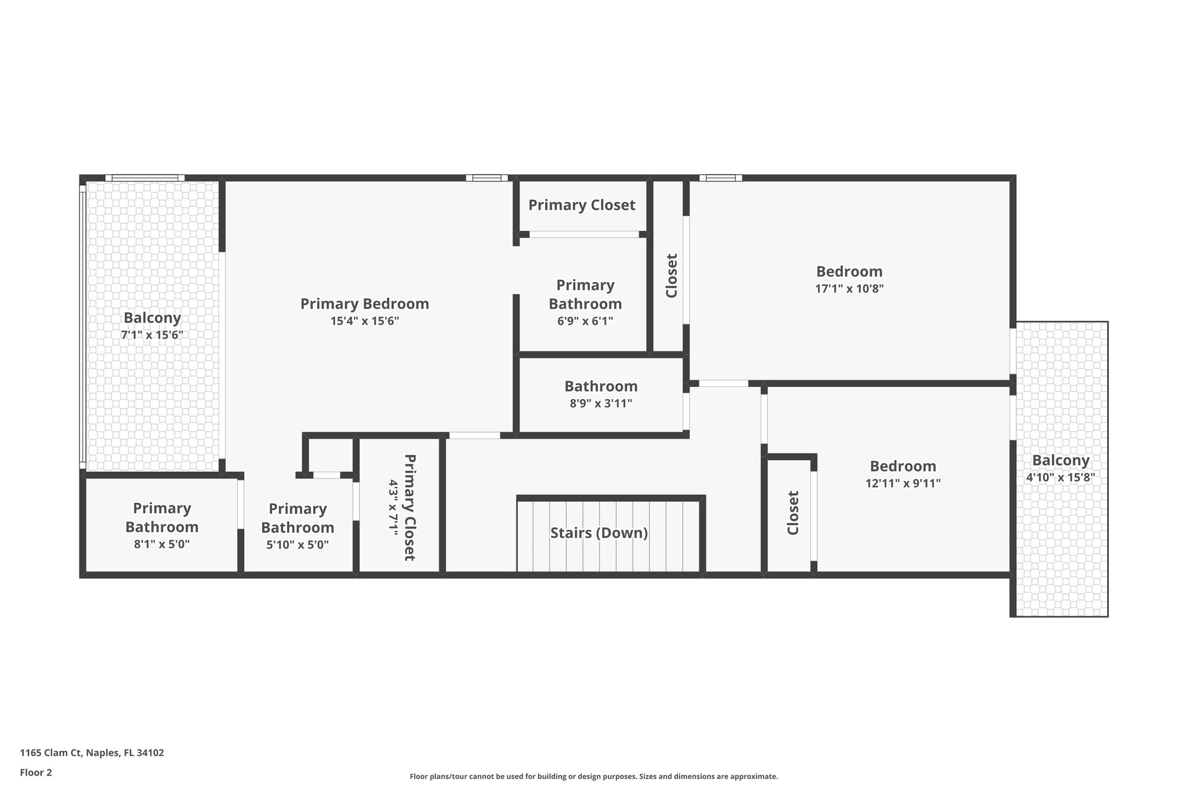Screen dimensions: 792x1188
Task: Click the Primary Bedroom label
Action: click(x=364, y=303)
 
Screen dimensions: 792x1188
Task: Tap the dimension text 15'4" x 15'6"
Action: click(x=364, y=321)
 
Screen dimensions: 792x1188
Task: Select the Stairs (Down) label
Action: click(x=599, y=533)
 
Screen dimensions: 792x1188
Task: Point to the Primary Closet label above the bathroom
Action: click(x=581, y=205)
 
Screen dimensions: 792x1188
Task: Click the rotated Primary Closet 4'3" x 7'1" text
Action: click(x=401, y=507)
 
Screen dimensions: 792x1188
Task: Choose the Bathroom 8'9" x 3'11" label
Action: click(x=600, y=395)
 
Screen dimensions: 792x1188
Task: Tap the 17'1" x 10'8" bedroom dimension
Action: click(x=849, y=288)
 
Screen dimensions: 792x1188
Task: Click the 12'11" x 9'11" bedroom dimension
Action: click(x=903, y=483)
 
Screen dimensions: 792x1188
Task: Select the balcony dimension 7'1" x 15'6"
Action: click(x=152, y=335)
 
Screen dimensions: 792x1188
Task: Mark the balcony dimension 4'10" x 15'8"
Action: click(x=1060, y=478)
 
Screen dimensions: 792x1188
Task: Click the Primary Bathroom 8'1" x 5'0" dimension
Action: click(x=162, y=544)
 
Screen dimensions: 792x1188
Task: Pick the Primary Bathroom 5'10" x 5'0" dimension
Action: click(x=298, y=545)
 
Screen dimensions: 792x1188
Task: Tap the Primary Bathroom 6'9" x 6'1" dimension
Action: click(x=585, y=321)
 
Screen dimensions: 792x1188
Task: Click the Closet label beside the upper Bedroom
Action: click(x=671, y=276)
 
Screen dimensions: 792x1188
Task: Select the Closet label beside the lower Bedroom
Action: click(x=793, y=513)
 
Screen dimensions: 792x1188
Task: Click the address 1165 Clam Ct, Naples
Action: click(x=92, y=753)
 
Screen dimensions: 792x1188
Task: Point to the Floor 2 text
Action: click(x=36, y=772)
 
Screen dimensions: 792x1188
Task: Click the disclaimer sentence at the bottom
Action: click(x=593, y=776)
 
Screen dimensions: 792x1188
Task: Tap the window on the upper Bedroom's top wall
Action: click(x=720, y=178)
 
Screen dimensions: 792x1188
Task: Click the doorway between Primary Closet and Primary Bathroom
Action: click(x=584, y=234)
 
